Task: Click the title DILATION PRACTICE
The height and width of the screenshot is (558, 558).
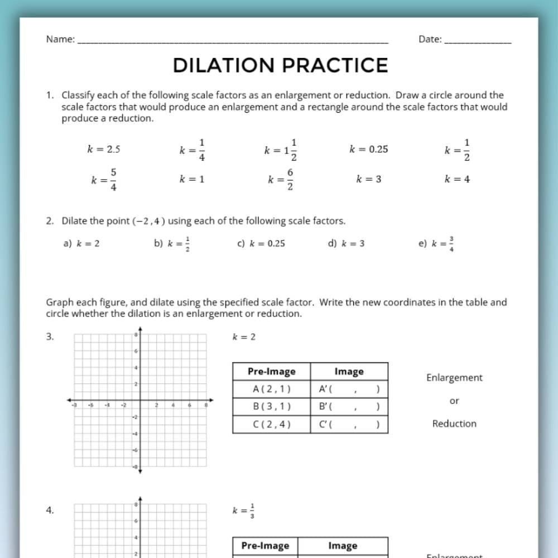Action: pos(280,65)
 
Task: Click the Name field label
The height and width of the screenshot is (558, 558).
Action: pos(60,39)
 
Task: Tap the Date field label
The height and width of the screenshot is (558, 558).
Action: pos(430,39)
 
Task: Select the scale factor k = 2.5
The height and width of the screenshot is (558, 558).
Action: pos(104,149)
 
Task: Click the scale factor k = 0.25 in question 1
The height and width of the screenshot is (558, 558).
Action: pos(368,149)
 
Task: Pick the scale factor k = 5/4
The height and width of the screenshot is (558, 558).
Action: pos(104,180)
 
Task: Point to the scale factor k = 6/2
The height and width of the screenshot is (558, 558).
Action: pos(281,180)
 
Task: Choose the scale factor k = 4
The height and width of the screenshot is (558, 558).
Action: pos(457,179)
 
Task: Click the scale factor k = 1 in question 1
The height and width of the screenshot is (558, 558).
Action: pos(191,179)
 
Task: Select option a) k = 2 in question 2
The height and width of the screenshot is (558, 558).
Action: pos(81,243)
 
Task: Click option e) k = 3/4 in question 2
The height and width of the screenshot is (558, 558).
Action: pos(436,244)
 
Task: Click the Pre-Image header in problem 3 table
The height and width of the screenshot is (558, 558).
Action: pos(271,372)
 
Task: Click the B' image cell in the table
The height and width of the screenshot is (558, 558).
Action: pos(349,407)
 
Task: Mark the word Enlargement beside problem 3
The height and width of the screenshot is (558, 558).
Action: pos(454,378)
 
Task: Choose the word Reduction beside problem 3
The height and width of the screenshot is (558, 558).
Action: pos(454,424)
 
